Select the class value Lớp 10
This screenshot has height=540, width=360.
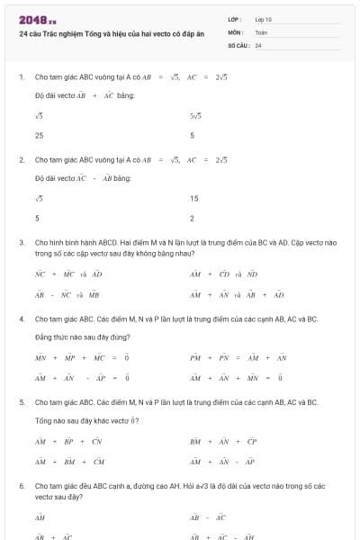pos(264,19)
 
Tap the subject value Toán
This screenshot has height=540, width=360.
pos(261,31)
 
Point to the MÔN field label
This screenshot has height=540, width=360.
pos(236,31)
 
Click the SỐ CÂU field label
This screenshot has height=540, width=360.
pos(238,44)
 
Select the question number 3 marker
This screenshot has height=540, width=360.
pos(21,242)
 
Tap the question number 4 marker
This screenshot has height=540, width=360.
pos(21,319)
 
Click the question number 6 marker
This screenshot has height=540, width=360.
pos(21,485)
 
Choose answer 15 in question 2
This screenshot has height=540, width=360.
pos(193,199)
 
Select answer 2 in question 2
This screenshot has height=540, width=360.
pos(192,218)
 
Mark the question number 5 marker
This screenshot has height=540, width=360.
pos(21,402)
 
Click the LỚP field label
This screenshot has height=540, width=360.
pos(236,19)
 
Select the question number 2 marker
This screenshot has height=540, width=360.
pos(21,159)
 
